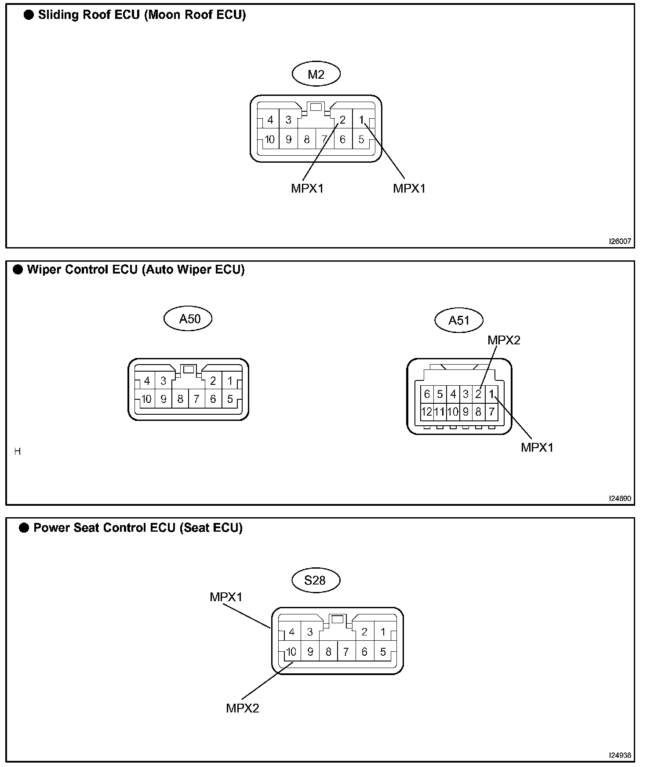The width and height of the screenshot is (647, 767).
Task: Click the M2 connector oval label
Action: pyautogui.click(x=316, y=74)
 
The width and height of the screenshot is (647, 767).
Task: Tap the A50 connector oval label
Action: pyautogui.click(x=188, y=318)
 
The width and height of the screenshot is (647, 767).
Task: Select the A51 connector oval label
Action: pyautogui.click(x=459, y=320)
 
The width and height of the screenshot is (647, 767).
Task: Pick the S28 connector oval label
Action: pyautogui.click(x=316, y=581)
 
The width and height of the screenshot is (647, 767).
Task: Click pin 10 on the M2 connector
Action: pyautogui.click(x=269, y=140)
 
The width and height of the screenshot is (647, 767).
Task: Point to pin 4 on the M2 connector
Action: pyautogui.click(x=270, y=120)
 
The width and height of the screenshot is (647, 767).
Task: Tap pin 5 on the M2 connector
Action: pyautogui.click(x=361, y=140)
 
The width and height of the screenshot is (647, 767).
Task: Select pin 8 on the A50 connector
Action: pyautogui.click(x=180, y=399)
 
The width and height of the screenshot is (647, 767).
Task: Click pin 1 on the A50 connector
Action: pyautogui.click(x=230, y=381)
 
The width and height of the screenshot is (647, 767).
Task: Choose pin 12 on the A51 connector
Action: pyautogui.click(x=427, y=412)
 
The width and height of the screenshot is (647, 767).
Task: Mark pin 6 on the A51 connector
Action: pyautogui.click(x=427, y=394)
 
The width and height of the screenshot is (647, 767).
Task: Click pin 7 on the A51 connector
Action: pyautogui.click(x=491, y=412)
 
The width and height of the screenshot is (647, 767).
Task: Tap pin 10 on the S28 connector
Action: pyautogui.click(x=291, y=652)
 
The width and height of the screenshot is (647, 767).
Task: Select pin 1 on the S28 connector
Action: pyautogui.click(x=383, y=632)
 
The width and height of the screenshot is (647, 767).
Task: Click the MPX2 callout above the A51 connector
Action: pyautogui.click(x=504, y=340)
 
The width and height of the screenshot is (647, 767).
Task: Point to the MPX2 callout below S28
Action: pyautogui.click(x=243, y=708)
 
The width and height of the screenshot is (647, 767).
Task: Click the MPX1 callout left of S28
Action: pyautogui.click(x=226, y=597)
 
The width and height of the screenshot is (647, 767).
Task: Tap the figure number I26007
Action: pyautogui.click(x=620, y=241)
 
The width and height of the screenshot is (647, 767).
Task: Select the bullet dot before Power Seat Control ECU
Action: pyautogui.click(x=24, y=528)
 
